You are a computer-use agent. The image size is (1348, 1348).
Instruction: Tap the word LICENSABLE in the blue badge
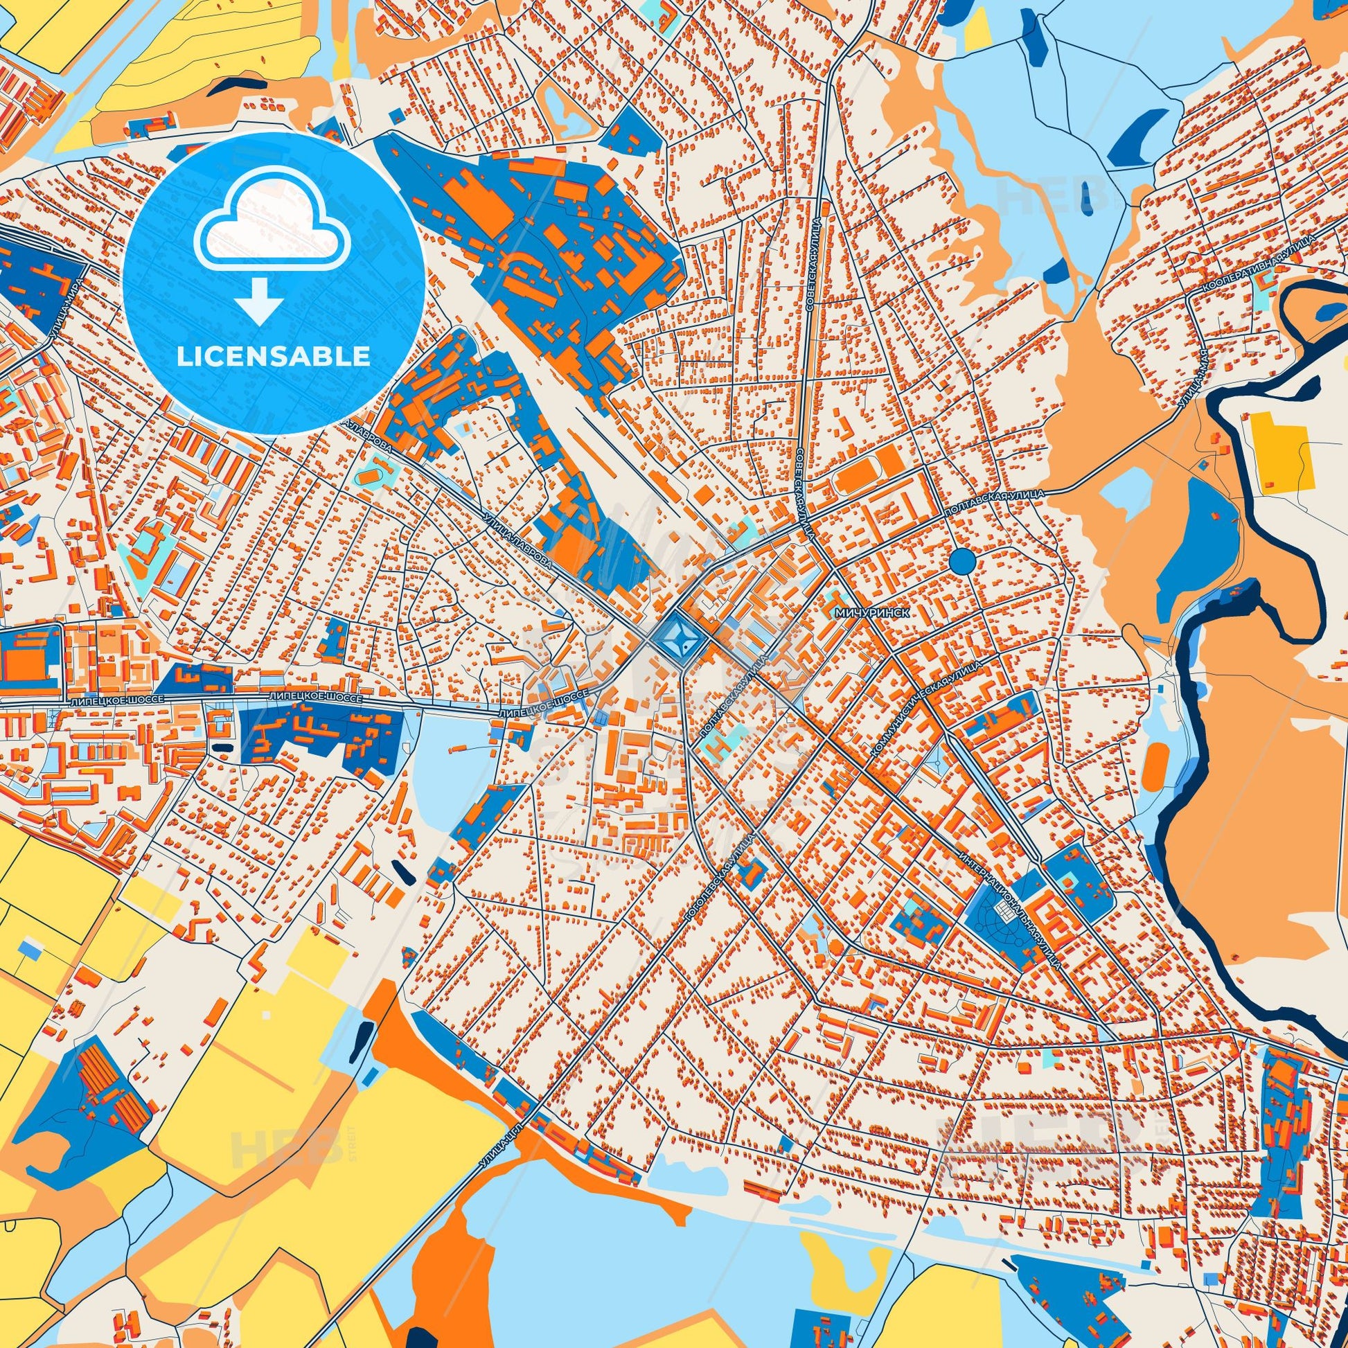tap(273, 357)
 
